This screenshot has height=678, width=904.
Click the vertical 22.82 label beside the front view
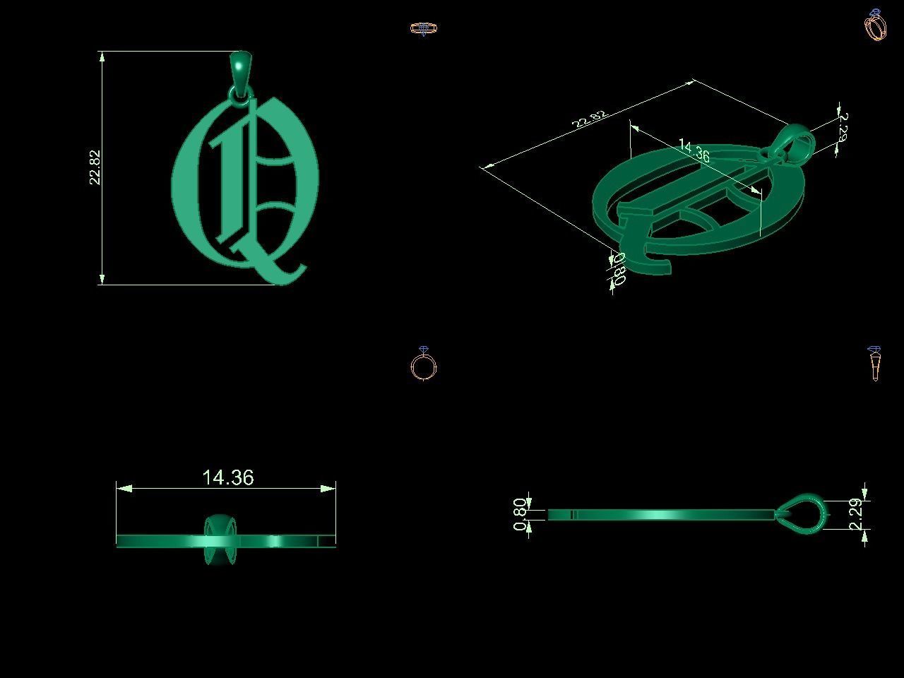(x=95, y=167)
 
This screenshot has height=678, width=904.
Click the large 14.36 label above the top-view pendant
(x=227, y=478)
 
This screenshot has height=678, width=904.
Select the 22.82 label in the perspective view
(x=590, y=119)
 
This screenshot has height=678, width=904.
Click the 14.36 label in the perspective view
(x=694, y=151)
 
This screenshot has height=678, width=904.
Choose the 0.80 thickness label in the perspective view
(x=619, y=268)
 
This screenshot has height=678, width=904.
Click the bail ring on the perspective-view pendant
(x=799, y=142)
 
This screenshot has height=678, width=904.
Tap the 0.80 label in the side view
(x=521, y=515)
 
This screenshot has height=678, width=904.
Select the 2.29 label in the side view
(x=855, y=513)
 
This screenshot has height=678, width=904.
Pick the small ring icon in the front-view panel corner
(x=424, y=29)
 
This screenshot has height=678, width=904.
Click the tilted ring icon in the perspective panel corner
(x=876, y=25)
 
